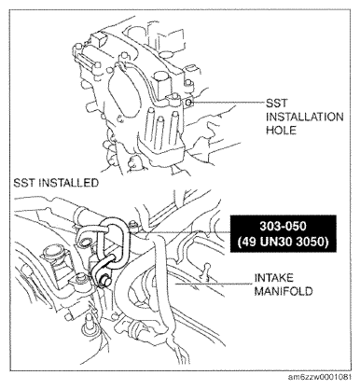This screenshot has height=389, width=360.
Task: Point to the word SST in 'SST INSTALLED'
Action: [25, 184]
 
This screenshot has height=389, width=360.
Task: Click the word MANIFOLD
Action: [284, 291]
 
